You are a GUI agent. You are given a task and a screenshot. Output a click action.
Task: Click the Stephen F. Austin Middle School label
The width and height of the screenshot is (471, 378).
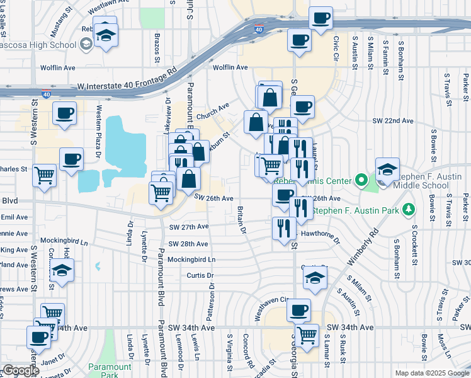432,180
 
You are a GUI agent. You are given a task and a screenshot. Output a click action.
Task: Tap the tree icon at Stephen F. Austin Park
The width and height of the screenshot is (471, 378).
409,209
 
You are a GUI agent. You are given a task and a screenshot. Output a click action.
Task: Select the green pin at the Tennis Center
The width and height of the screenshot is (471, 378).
361,181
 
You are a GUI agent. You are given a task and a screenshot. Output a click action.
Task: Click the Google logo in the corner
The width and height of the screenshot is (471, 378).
21,370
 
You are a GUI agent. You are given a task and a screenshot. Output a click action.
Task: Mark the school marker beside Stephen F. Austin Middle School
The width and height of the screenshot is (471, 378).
387,169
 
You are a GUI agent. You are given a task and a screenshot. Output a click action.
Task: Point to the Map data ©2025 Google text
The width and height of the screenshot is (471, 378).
432,373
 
